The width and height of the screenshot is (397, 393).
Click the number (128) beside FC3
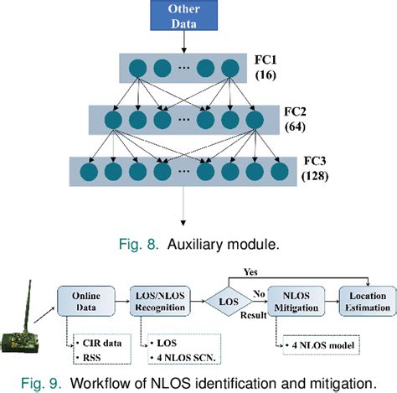pyautogui.click(x=315, y=178)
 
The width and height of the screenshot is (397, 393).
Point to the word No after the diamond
pyautogui.click(x=260, y=294)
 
